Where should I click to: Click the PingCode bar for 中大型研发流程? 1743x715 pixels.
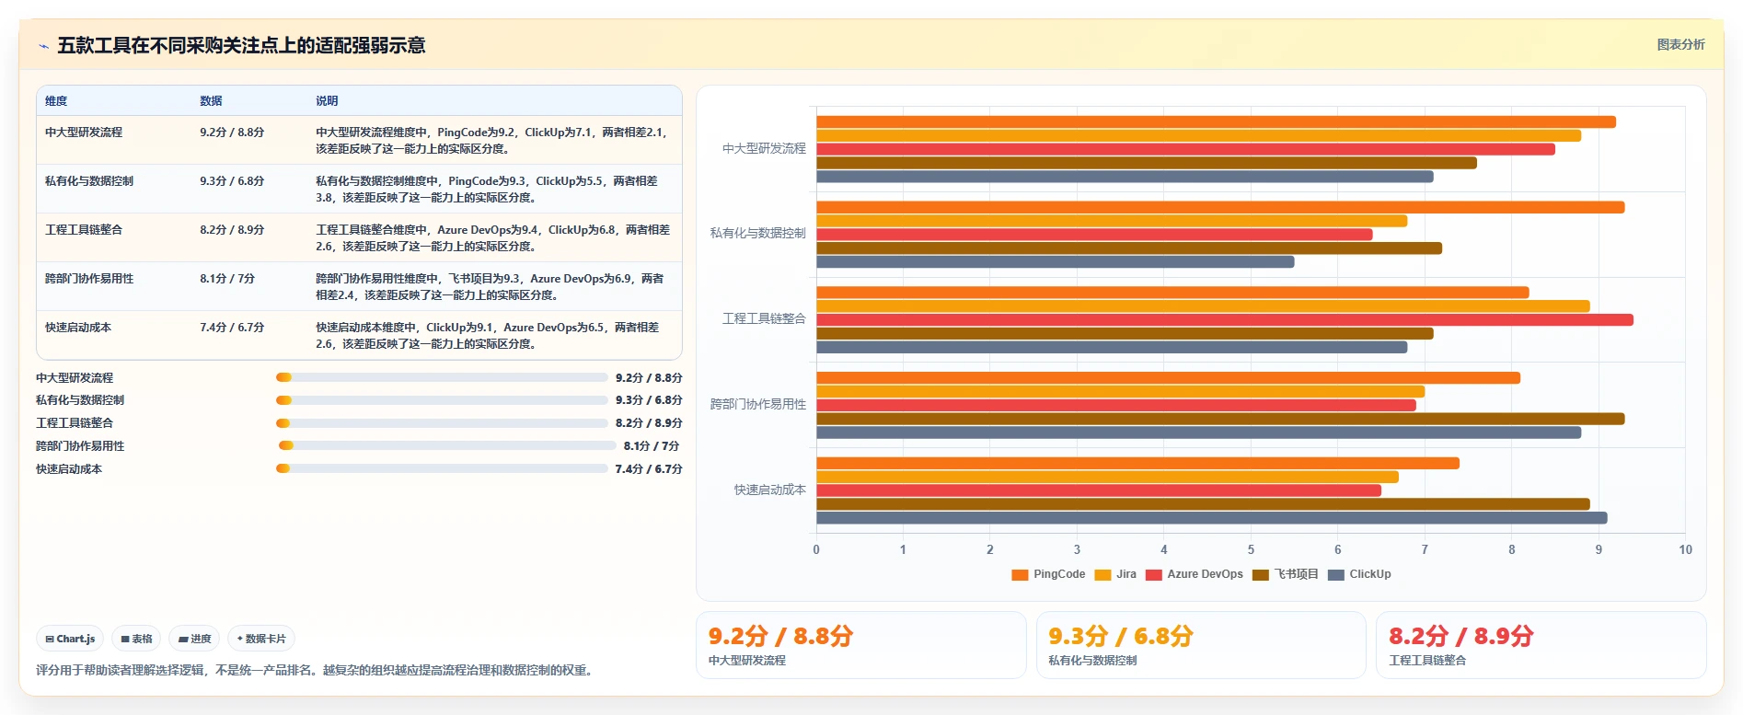click(1216, 121)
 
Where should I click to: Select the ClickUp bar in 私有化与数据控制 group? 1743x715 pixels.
click(1055, 262)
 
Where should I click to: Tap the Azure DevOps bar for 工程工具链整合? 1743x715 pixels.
click(1224, 320)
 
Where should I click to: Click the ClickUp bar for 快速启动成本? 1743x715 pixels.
click(1211, 518)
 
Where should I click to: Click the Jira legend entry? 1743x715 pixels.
click(1115, 574)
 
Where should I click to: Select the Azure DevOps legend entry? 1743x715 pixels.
click(1195, 574)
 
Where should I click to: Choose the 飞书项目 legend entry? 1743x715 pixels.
click(1286, 574)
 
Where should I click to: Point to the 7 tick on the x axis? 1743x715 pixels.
click(1425, 549)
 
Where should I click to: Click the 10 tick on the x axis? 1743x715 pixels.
click(1685, 549)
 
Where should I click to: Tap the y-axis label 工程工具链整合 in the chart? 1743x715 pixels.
click(764, 318)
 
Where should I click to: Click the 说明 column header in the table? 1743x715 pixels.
click(327, 101)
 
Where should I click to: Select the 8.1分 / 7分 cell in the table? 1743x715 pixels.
click(227, 279)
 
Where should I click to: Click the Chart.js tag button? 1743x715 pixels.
click(71, 639)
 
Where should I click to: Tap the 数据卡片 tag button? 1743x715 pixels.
click(261, 639)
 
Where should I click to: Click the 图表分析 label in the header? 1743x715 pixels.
click(1680, 44)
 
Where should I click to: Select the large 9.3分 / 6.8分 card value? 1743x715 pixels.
click(1121, 636)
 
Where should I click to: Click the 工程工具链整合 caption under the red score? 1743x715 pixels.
click(1427, 661)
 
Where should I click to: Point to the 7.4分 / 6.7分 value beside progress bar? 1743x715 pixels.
click(649, 469)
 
